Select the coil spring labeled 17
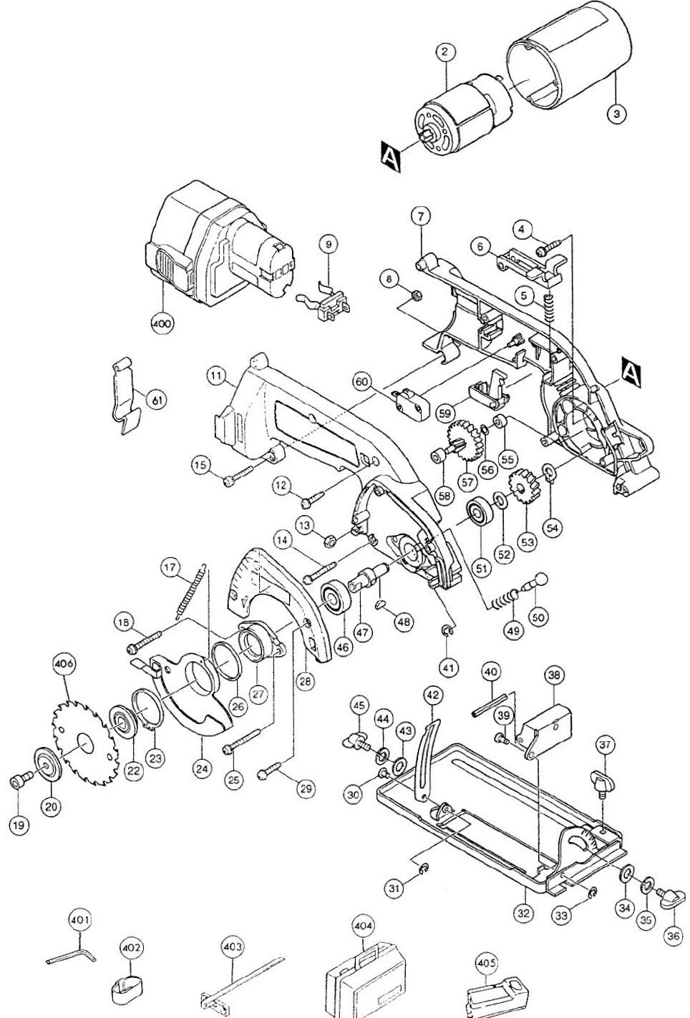pyautogui.click(x=190, y=592)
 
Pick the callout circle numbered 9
pyautogui.click(x=329, y=244)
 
